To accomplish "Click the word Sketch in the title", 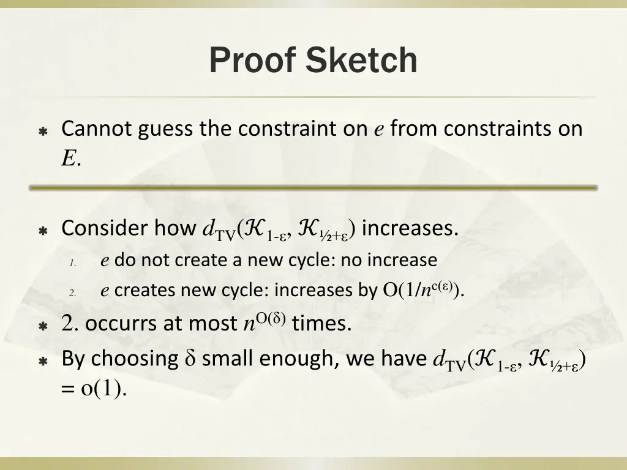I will click(x=362, y=61).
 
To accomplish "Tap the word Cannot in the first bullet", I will click(x=97, y=129).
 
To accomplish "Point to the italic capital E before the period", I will click(x=68, y=159).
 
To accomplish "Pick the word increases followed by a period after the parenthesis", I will click(x=409, y=228).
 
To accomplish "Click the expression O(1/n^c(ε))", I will click(x=422, y=289).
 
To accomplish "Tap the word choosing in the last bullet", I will click(x=134, y=358).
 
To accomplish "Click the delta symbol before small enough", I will click(x=189, y=359).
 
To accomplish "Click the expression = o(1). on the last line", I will click(x=95, y=389).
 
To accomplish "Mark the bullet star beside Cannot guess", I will click(x=43, y=132).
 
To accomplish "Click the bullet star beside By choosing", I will click(x=43, y=361).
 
